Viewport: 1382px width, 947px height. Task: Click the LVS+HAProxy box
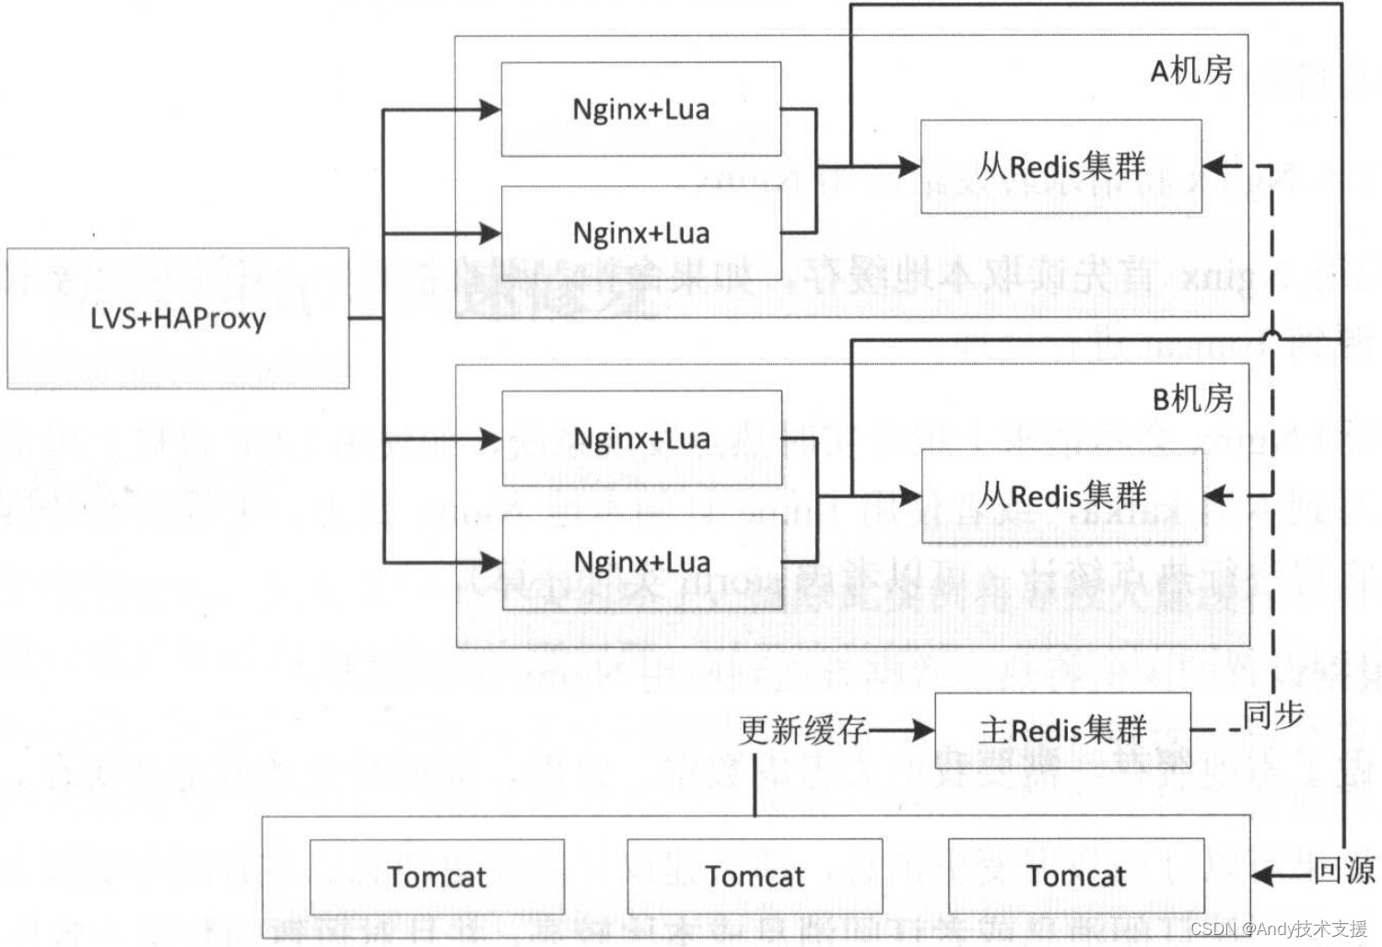pyautogui.click(x=178, y=318)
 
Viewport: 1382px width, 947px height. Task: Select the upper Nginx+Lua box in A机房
pyautogui.click(x=641, y=110)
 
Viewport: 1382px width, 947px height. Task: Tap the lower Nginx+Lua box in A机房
pyautogui.click(x=641, y=232)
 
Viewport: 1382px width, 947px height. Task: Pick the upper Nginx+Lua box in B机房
pyautogui.click(x=642, y=438)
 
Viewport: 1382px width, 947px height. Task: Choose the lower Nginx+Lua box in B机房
pyautogui.click(x=642, y=561)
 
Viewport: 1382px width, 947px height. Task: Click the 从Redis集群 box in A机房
pyautogui.click(x=1061, y=167)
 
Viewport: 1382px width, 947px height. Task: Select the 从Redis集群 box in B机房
pyautogui.click(x=1062, y=496)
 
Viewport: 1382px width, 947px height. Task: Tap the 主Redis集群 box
pyautogui.click(x=1062, y=731)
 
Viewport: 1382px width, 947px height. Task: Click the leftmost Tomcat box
pyautogui.click(x=437, y=876)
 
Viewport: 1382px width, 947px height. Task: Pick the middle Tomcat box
pyautogui.click(x=755, y=876)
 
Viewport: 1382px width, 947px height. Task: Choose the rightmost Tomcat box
pyautogui.click(x=1076, y=876)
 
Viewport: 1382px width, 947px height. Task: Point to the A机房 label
pyautogui.click(x=1191, y=70)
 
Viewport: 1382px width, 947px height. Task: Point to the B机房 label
pyautogui.click(x=1192, y=399)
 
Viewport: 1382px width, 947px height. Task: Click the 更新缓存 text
pyautogui.click(x=802, y=731)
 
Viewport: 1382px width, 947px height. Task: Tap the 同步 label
pyautogui.click(x=1273, y=714)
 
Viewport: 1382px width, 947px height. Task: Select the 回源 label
pyautogui.click(x=1343, y=871)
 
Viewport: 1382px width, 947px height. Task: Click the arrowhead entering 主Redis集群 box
pyautogui.click(x=923, y=731)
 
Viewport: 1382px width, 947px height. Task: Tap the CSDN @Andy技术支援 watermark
pyautogui.click(x=1278, y=929)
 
